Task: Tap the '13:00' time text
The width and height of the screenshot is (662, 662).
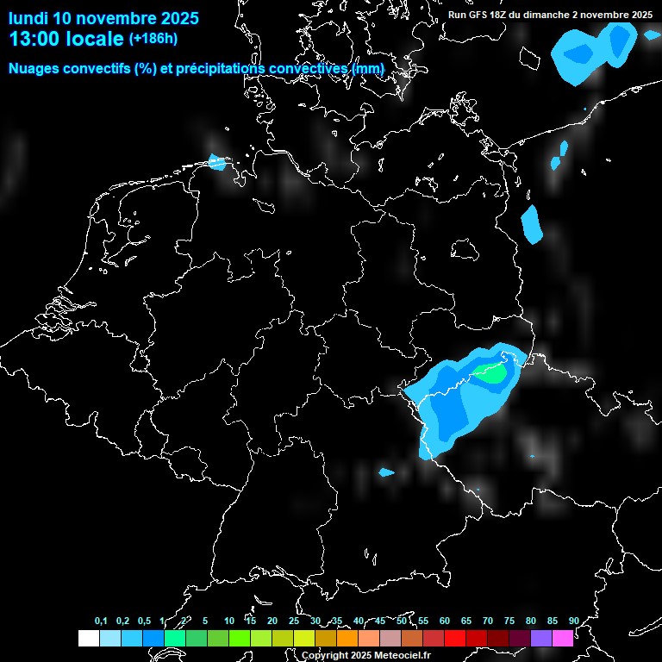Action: (x=34, y=39)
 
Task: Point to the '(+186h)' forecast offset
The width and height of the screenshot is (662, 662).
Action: (x=153, y=39)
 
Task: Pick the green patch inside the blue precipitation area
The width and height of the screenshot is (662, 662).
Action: (x=492, y=375)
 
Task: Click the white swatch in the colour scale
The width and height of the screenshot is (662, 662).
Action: (x=88, y=639)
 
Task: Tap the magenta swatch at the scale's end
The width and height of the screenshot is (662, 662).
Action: (x=563, y=639)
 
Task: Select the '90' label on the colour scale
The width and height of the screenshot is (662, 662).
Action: (x=574, y=621)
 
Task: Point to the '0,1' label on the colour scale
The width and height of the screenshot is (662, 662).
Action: (x=101, y=621)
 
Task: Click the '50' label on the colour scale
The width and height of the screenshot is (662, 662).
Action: (x=402, y=621)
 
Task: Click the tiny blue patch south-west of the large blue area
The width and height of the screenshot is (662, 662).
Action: (x=386, y=472)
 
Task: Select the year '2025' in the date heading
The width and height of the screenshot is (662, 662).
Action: (x=176, y=18)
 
